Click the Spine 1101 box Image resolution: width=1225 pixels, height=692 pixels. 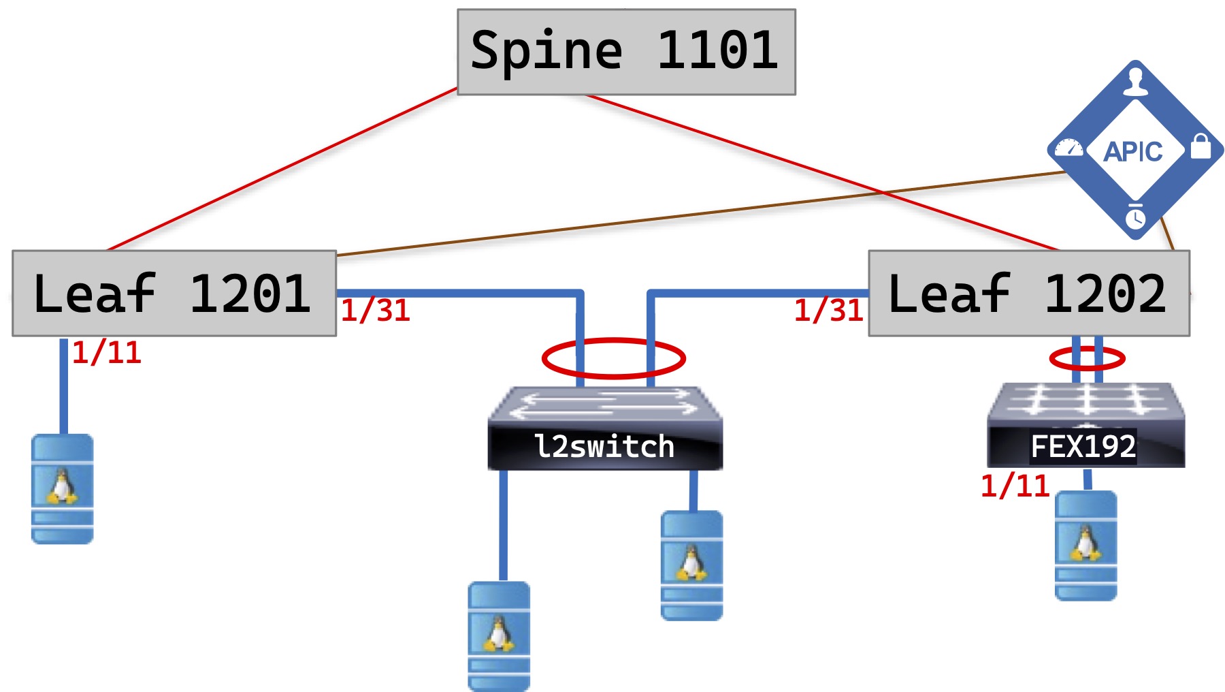tap(626, 52)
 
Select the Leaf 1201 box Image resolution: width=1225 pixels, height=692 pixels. tap(174, 294)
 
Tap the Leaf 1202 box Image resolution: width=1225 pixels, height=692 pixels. tap(1029, 294)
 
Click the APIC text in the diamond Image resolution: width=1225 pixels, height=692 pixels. tap(1133, 151)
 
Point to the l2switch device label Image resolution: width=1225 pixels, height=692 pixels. tap(604, 447)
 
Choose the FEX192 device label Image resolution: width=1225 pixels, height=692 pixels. tap(1083, 447)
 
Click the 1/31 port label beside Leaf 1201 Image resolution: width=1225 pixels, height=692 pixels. tap(376, 311)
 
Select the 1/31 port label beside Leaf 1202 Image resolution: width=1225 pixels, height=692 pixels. tap(829, 311)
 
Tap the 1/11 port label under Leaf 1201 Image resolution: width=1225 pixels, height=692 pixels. tap(107, 353)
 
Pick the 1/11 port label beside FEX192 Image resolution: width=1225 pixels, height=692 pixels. tap(1015, 486)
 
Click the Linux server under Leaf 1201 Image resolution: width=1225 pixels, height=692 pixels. tap(63, 488)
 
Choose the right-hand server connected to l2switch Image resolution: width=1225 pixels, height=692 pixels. tap(691, 565)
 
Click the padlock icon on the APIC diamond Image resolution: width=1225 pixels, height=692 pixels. tap(1200, 146)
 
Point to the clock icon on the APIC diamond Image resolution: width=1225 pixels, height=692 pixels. tap(1135, 218)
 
